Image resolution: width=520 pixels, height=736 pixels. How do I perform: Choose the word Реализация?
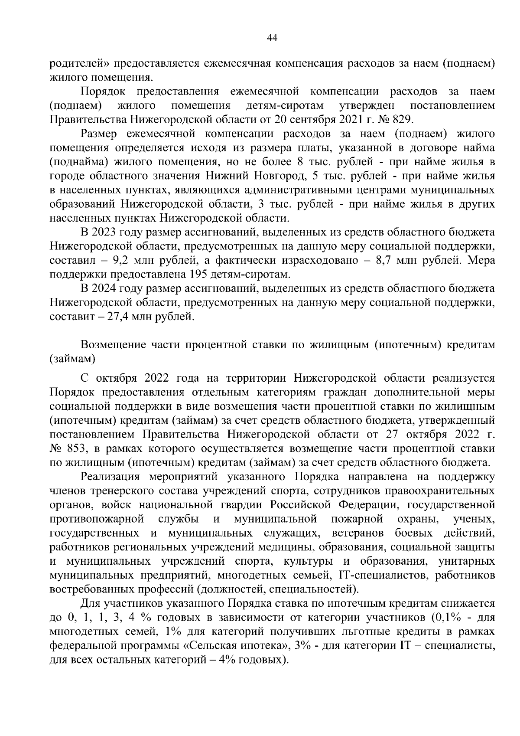[110, 477]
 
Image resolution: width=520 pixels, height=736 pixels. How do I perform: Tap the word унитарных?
[467, 561]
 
